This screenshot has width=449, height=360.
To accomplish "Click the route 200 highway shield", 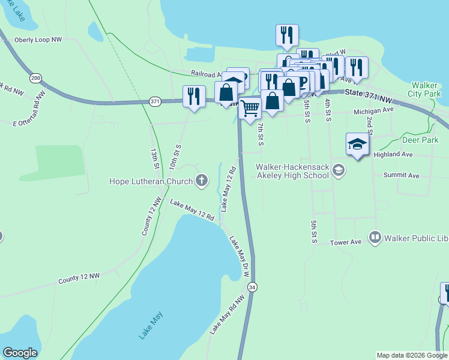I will [x=35, y=78].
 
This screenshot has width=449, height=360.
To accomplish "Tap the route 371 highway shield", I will [x=155, y=101].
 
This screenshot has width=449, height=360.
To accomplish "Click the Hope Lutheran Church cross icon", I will [x=202, y=180].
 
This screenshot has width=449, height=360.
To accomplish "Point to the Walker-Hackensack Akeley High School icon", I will [x=339, y=171].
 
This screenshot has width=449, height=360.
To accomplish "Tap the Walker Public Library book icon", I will [x=376, y=238].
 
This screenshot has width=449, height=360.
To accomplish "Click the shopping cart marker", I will [x=250, y=108].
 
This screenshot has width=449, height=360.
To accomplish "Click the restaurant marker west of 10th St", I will [x=194, y=97].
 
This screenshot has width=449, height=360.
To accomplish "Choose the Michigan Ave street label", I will [x=373, y=111].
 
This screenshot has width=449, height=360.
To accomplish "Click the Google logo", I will [x=20, y=353].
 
